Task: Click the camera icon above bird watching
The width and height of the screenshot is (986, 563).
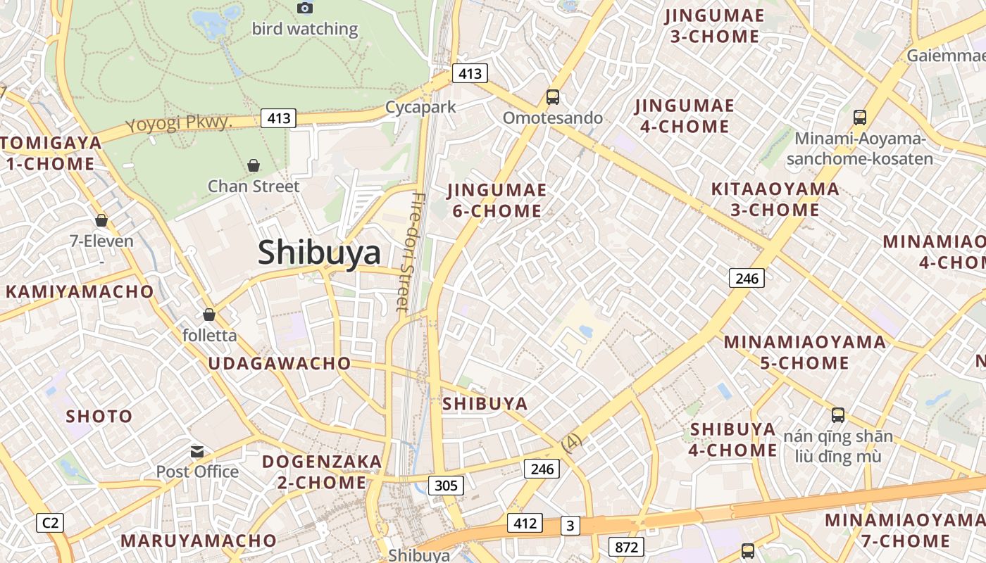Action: [x=305, y=8]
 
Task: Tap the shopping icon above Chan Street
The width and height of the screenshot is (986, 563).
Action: [x=254, y=165]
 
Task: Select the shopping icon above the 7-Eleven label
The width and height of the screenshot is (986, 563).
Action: [x=101, y=220]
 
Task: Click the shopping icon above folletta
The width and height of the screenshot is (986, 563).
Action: [x=209, y=314]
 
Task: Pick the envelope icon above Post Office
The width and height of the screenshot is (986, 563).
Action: [x=197, y=451]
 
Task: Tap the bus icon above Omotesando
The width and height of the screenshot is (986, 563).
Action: [x=553, y=97]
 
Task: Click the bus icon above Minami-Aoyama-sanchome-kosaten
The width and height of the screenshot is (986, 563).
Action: [x=859, y=117]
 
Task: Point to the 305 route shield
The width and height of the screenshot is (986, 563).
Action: [x=446, y=485]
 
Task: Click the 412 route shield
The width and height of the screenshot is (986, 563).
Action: [x=525, y=523]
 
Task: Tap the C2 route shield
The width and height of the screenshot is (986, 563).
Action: [x=50, y=523]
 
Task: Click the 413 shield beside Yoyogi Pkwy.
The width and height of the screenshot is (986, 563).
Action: [x=279, y=118]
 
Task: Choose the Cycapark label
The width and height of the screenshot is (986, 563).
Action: [x=420, y=107]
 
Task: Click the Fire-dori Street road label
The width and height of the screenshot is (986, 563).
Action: [x=409, y=251]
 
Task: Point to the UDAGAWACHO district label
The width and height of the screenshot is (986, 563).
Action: [x=279, y=363]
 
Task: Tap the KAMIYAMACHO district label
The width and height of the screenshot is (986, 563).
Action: [x=80, y=291]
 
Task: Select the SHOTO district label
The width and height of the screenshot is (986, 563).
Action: [x=99, y=416]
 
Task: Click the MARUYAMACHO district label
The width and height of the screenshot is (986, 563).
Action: [x=199, y=540]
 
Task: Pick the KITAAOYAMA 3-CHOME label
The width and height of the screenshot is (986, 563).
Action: [x=775, y=199]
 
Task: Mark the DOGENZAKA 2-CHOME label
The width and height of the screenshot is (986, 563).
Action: [x=322, y=472]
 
